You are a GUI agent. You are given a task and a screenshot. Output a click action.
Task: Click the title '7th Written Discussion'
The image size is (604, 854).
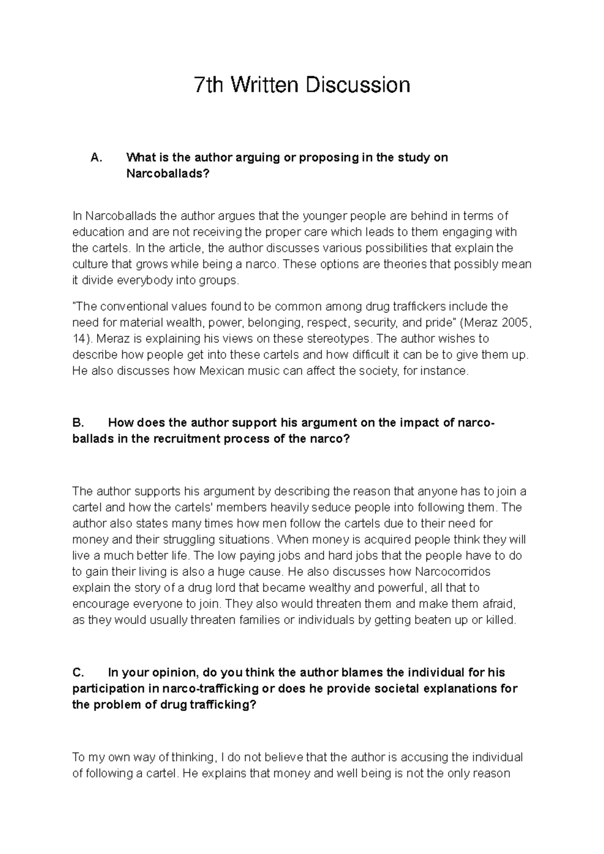pos(302,85)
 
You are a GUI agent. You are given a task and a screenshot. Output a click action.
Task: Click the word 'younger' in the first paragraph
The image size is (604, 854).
pos(324,216)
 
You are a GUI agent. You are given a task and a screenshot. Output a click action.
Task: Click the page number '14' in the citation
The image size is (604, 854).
pos(79,339)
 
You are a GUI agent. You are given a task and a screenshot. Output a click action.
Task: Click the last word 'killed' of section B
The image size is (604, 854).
pos(499,620)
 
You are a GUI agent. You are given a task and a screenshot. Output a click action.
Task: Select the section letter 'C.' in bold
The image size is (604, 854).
pos(79,673)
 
